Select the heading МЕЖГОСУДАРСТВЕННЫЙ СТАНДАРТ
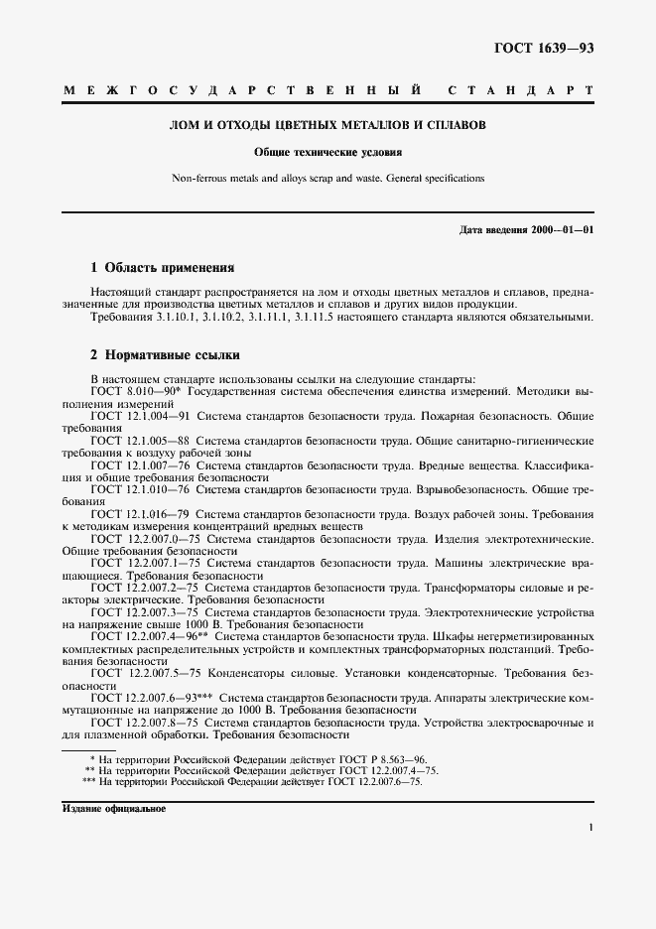click(328, 91)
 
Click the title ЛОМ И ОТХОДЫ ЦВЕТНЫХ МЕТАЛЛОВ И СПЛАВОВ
click(328, 126)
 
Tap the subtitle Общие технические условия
click(328, 154)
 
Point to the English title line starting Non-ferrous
click(328, 179)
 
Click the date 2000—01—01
click(560, 230)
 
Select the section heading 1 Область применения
click(162, 267)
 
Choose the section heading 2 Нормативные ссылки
click(165, 354)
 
